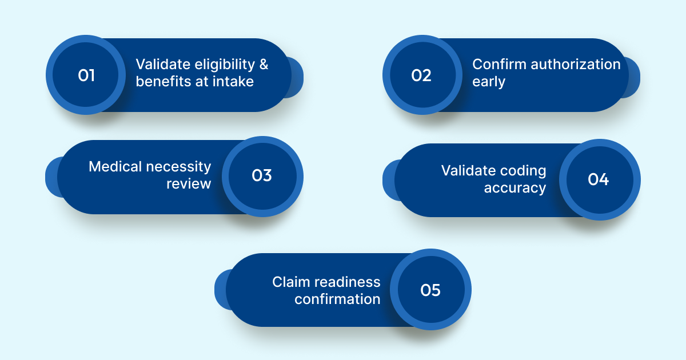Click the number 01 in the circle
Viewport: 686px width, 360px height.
86,75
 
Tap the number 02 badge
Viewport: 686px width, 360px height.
421,75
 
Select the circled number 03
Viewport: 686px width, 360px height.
262,175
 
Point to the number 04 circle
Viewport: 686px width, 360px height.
598,179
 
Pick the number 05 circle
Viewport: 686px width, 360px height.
430,290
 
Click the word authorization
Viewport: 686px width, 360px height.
576,65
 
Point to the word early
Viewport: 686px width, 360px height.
489,82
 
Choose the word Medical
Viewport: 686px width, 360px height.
115,167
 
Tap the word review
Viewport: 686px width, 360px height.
189,184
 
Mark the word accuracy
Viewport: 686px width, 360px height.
514,188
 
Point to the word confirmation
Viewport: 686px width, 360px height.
337,299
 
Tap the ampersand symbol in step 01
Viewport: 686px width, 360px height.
264,65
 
